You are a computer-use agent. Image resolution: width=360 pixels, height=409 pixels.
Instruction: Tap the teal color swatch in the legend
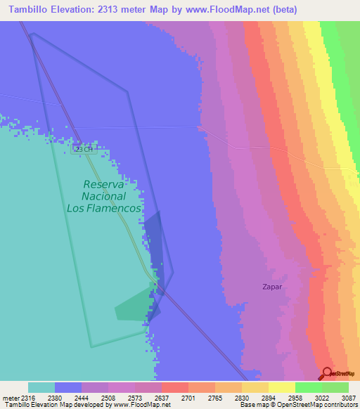(41, 387)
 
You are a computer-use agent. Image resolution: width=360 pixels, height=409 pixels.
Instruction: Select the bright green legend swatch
(309, 387)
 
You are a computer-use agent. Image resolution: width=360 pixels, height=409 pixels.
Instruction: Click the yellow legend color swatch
(282, 387)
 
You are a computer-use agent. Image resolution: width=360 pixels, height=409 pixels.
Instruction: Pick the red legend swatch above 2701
(175, 387)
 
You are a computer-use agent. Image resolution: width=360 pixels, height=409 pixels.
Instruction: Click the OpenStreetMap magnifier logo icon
(327, 373)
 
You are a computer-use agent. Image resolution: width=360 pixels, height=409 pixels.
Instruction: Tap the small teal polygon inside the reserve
(134, 308)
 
